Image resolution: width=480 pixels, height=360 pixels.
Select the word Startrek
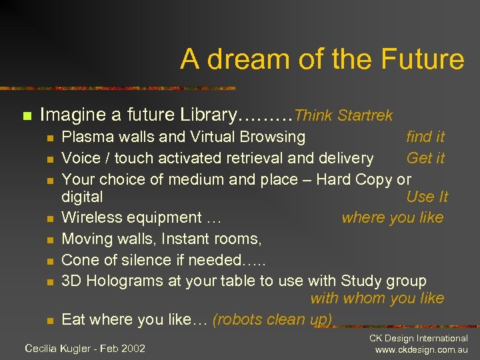coord(365,115)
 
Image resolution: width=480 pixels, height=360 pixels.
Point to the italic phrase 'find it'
coord(425,137)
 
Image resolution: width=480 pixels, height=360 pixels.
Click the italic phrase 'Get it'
coord(425,158)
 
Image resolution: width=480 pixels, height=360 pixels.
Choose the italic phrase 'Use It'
coord(427,197)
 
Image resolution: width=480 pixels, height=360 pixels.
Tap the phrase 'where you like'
coord(392,217)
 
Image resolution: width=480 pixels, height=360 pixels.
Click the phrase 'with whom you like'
coord(377,299)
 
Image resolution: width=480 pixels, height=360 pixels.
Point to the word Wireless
coord(91,217)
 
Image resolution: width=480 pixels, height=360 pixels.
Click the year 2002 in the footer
coord(132,348)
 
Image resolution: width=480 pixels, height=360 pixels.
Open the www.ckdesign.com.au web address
coord(421,350)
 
